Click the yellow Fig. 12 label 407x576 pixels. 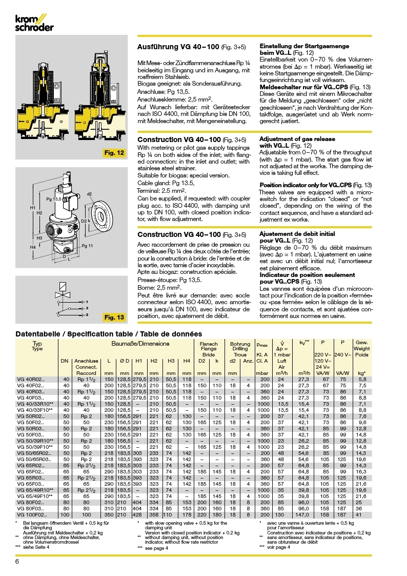click(113, 153)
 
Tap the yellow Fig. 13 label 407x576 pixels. click(114, 317)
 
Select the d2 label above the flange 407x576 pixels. click(89, 194)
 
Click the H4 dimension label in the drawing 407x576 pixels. click(33, 247)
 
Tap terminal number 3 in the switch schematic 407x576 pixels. click(87, 314)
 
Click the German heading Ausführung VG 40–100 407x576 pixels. click(178, 47)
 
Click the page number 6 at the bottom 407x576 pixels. click(17, 561)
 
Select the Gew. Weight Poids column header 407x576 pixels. click(362, 349)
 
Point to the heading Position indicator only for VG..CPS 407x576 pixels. click(316, 185)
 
